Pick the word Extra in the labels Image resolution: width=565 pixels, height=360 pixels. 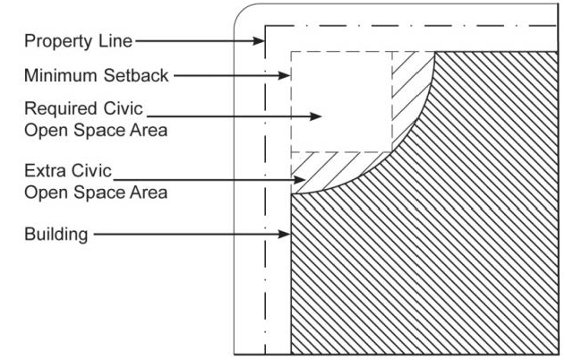[x=42, y=169]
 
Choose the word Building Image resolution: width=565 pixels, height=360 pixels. [x=56, y=236]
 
